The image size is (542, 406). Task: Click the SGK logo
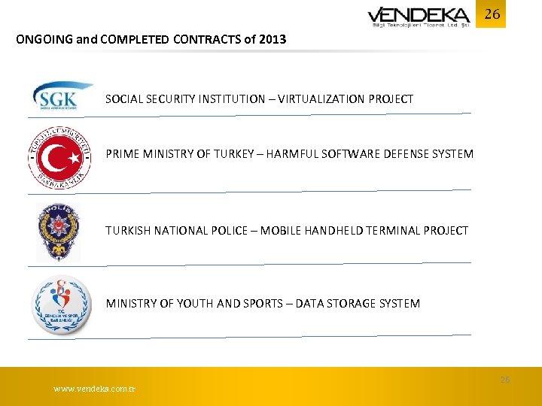coord(62,98)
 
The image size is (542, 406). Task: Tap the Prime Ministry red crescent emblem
coord(60,159)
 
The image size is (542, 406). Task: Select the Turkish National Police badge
coord(59,232)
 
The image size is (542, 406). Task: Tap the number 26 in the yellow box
coord(492,14)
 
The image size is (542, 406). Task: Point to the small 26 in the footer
coord(504,380)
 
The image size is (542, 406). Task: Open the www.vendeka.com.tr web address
coord(95,389)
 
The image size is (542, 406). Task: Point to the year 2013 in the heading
coord(272,39)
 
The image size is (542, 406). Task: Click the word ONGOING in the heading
coord(44,39)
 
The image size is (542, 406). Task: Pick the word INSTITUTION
coord(230,98)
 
